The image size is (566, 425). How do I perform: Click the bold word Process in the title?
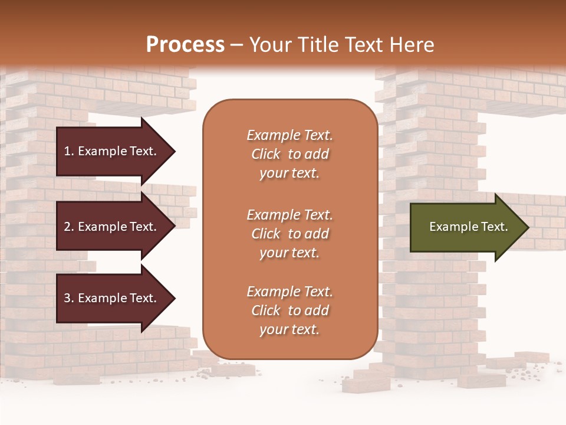point(185,45)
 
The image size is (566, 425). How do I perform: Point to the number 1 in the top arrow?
point(67,151)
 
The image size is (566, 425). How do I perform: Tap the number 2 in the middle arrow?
point(67,227)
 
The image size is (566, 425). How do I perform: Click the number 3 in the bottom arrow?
point(67,298)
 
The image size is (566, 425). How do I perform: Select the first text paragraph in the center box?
point(289,154)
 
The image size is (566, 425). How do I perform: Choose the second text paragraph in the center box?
point(289,234)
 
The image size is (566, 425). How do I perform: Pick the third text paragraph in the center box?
point(289,310)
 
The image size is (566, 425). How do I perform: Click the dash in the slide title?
point(236,45)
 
